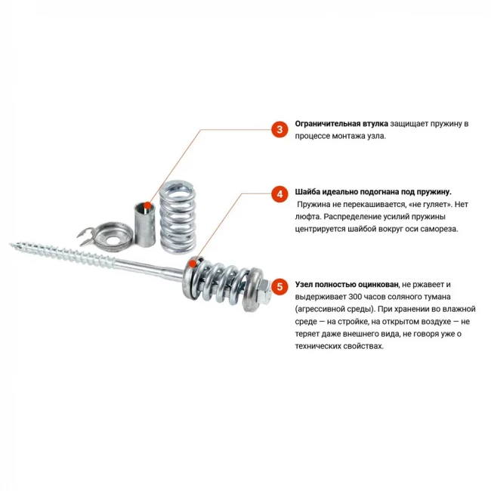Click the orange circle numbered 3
tap(279, 129)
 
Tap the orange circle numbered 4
tap(279, 194)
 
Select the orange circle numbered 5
tap(279, 286)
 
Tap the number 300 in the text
tap(356, 297)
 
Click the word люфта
tap(307, 217)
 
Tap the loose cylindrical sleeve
tap(145, 224)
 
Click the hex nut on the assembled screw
tap(264, 292)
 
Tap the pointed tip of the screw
tap(10, 244)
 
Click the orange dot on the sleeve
tap(148, 205)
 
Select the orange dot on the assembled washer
tap(193, 263)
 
